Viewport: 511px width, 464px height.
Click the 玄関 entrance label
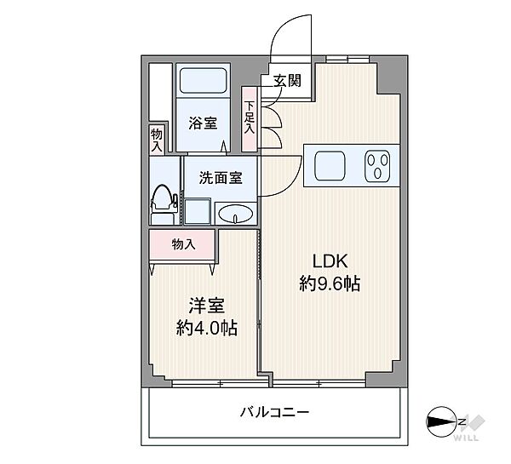pyautogui.click(x=287, y=82)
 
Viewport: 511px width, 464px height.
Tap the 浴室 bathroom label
pyautogui.click(x=203, y=123)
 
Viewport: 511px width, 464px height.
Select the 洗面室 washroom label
pyautogui.click(x=221, y=178)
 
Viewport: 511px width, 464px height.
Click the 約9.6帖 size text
pyautogui.click(x=330, y=285)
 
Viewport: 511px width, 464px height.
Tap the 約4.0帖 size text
pyautogui.click(x=206, y=327)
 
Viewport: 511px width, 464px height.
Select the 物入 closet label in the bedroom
pyautogui.click(x=183, y=244)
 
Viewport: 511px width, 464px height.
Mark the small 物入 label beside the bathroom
pyautogui.click(x=157, y=140)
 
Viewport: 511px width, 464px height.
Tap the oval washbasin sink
pyautogui.click(x=234, y=214)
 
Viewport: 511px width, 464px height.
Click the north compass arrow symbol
pyautogui.click(x=445, y=420)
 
